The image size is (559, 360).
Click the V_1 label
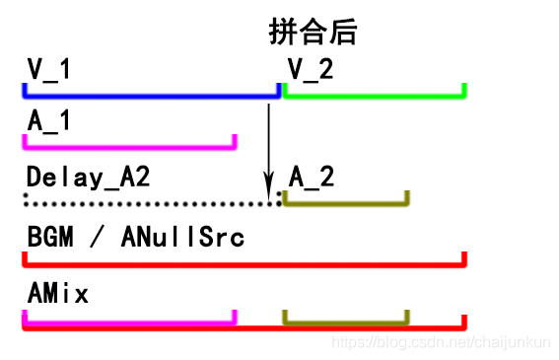pos(48,69)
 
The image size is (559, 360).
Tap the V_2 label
pos(310,69)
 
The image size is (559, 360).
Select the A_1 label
pos(48,121)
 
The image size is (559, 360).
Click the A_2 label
pos(312,177)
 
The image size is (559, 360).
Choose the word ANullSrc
pos(181,237)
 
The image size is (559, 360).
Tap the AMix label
pos(58,293)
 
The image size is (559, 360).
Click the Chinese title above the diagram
pos(313,34)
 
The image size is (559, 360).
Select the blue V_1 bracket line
pos(148,97)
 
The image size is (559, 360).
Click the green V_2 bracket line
pos(375,97)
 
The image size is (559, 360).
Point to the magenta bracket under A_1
pos(128,148)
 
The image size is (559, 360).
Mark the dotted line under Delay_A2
pos(148,204)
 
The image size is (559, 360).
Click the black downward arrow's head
pos(268,190)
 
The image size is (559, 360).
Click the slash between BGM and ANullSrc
pos(101,237)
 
